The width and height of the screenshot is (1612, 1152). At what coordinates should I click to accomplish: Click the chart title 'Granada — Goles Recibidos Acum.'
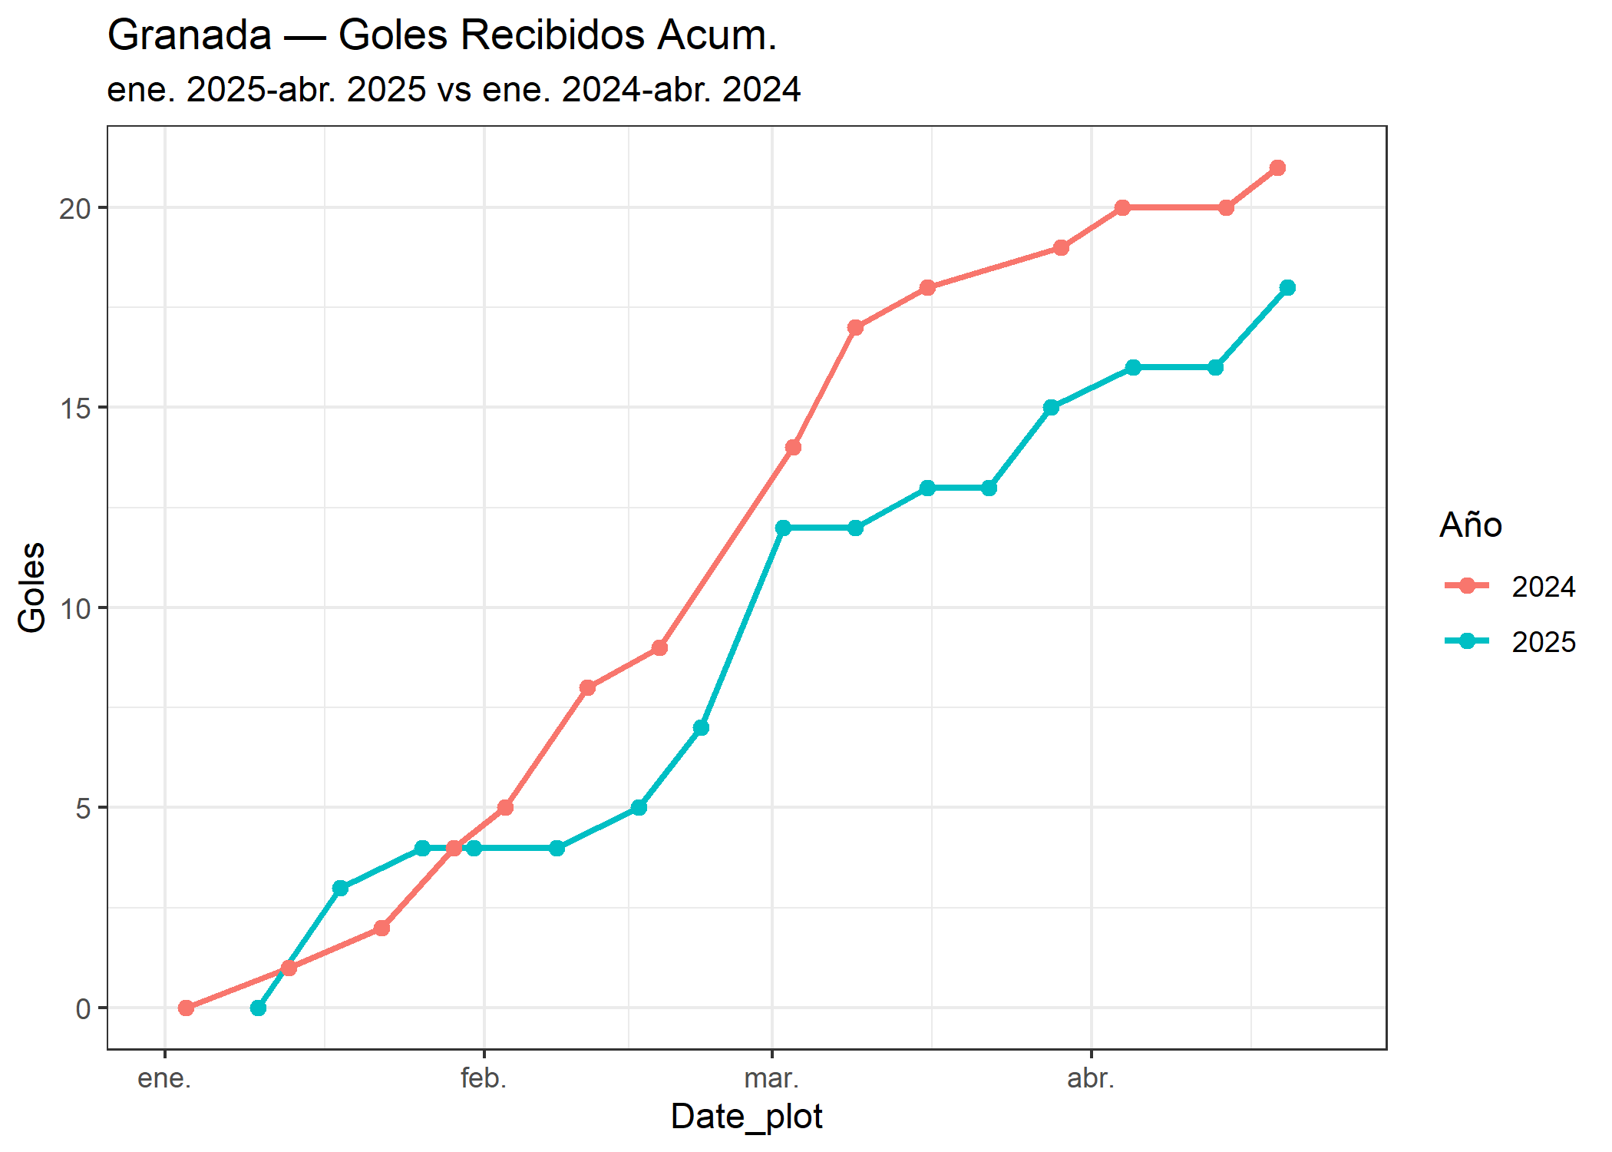[x=442, y=35]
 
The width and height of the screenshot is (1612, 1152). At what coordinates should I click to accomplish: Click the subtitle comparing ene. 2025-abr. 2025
[x=454, y=90]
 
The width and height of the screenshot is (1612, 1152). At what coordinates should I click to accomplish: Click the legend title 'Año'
[x=1470, y=525]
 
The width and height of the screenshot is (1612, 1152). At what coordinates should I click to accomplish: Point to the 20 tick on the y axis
[x=74, y=208]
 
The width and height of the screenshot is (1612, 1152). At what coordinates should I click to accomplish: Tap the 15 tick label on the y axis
[x=74, y=409]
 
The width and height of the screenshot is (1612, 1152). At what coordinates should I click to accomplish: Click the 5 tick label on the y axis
[x=83, y=809]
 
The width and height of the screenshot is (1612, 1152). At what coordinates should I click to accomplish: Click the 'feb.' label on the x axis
[x=484, y=1079]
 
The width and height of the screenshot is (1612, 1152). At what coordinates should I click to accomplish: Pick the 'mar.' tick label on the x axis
[x=771, y=1079]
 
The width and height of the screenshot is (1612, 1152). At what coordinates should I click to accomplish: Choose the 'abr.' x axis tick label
[x=1091, y=1079]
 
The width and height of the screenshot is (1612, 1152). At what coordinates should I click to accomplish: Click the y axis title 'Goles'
[x=32, y=588]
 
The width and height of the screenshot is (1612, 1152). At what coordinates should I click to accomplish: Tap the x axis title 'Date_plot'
[x=746, y=1117]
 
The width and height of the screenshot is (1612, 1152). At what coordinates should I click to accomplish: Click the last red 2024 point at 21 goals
[x=1277, y=168]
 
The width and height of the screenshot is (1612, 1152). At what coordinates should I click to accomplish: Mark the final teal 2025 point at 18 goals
[x=1287, y=288]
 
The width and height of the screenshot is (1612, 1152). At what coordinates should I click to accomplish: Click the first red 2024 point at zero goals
[x=186, y=1008]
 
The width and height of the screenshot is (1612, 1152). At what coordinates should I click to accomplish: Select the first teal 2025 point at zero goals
[x=258, y=1008]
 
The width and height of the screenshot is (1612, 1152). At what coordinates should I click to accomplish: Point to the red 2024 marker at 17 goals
[x=855, y=328]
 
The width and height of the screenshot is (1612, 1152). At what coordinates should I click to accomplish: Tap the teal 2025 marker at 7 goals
[x=701, y=728]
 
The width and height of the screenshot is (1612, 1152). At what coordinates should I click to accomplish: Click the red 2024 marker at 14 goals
[x=793, y=448]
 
